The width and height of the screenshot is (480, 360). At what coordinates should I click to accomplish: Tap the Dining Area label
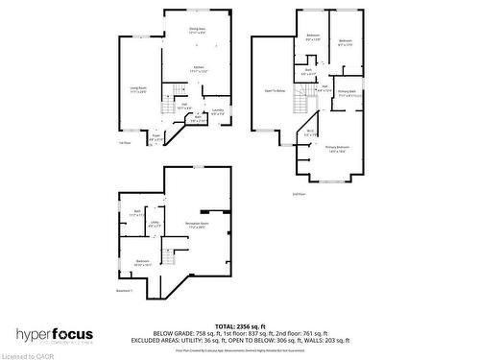(x=197, y=31)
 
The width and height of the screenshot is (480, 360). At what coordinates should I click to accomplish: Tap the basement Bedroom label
(x=142, y=261)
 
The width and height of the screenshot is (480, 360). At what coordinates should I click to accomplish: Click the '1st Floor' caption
(x=124, y=144)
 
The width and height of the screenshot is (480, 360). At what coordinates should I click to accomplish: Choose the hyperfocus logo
(x=55, y=335)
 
